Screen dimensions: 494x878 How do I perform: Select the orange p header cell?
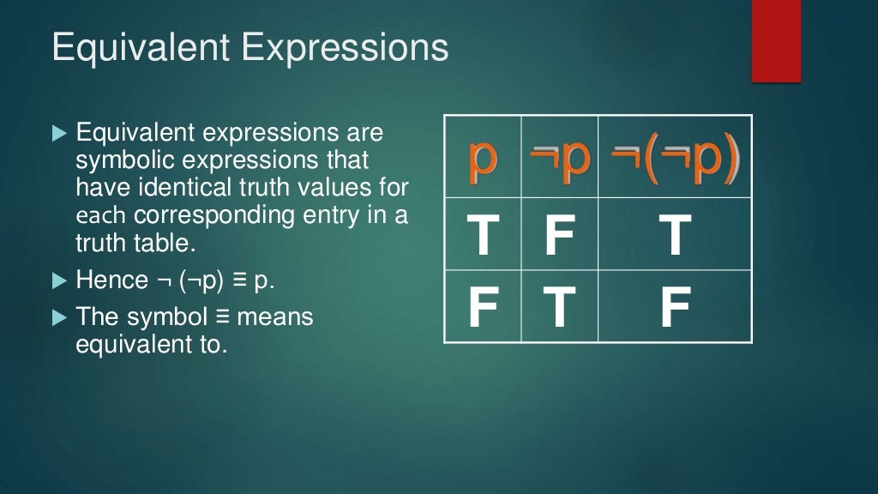point(483,160)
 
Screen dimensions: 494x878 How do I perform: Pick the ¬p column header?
point(560,160)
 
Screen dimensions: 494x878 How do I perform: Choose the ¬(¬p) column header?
point(676,160)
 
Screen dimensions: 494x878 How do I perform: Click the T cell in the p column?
point(483,236)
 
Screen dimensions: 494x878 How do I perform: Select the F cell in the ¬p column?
point(560,236)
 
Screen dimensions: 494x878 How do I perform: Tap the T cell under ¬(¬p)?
point(676,236)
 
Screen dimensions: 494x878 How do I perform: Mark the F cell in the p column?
point(483,308)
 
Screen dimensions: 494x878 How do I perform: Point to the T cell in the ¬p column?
point(560,308)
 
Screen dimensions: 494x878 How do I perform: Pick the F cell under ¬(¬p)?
point(676,308)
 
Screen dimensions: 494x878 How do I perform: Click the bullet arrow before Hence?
point(58,280)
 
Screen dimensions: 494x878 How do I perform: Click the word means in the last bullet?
point(275,317)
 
